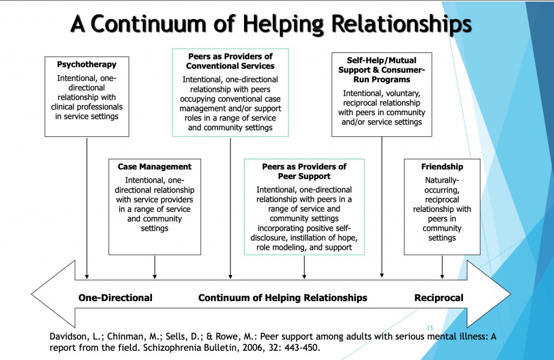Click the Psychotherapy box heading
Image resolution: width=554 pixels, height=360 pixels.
click(87, 64)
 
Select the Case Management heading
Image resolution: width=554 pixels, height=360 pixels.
click(155, 166)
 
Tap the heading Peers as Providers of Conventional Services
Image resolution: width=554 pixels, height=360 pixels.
click(230, 61)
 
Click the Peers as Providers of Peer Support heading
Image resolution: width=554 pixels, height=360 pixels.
click(304, 171)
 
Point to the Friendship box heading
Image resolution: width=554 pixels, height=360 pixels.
click(442, 166)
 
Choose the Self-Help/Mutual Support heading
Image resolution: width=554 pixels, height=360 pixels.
click(382, 70)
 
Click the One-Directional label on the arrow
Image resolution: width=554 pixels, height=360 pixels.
click(115, 298)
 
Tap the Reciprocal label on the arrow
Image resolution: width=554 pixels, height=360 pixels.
click(439, 298)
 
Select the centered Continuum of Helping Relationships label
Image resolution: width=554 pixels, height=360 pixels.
click(282, 298)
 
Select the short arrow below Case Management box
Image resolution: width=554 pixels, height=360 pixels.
click(155, 267)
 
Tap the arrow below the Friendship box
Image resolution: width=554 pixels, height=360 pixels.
click(443, 267)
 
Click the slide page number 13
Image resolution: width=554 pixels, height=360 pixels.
click(430, 328)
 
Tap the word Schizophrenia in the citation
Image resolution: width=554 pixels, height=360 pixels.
click(121, 348)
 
